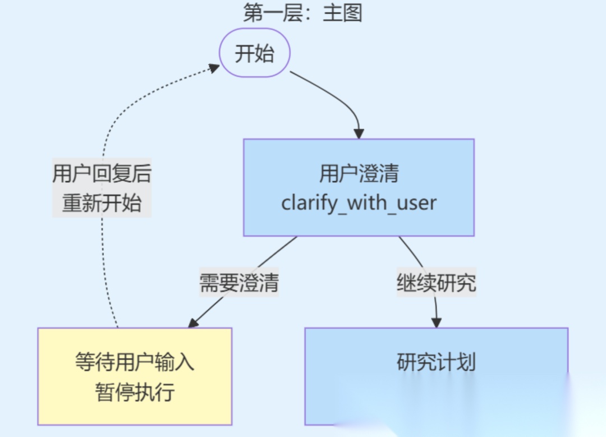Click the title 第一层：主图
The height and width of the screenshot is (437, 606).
click(x=302, y=12)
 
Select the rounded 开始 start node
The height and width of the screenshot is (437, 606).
click(x=254, y=54)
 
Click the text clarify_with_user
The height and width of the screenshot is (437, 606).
click(x=359, y=202)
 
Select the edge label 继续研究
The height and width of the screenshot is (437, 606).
click(x=436, y=282)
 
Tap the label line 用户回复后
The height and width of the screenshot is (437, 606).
click(x=102, y=173)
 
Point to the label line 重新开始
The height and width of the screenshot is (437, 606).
click(x=102, y=203)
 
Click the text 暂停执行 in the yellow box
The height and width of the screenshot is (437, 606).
click(x=135, y=391)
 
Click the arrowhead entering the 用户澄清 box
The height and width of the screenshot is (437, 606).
click(x=359, y=134)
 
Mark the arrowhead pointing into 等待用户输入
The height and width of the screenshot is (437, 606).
click(x=193, y=323)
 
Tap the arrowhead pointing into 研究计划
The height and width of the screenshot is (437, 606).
click(x=437, y=323)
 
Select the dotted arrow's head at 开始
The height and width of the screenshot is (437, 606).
click(x=214, y=67)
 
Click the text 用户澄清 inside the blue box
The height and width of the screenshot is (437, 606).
click(x=359, y=174)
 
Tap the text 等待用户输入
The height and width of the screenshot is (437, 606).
click(x=135, y=362)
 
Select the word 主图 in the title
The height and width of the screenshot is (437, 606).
click(x=342, y=12)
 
